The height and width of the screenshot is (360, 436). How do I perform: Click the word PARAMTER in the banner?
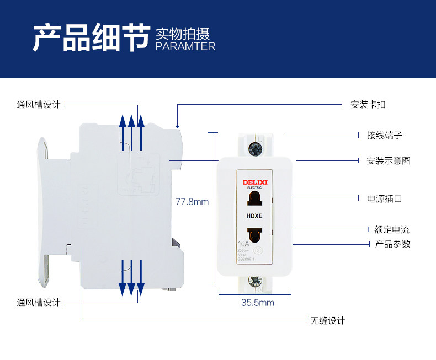[185, 46]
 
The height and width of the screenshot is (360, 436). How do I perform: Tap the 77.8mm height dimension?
[192, 202]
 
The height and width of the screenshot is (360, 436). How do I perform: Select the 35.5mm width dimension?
[257, 303]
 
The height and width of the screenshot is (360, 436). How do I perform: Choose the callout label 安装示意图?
[389, 161]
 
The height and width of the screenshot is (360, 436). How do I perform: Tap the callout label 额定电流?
[392, 229]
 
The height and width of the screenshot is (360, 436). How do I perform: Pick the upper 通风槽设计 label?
[38, 104]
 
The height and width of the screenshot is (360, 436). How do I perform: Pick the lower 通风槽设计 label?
[38, 302]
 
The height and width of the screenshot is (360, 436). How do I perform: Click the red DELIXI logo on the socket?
[255, 181]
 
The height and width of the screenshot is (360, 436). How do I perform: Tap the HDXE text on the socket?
[254, 216]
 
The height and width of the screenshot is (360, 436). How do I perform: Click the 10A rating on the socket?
[243, 244]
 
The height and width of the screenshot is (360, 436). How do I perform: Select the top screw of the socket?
[255, 148]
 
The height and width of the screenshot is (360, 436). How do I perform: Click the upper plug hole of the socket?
[254, 200]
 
